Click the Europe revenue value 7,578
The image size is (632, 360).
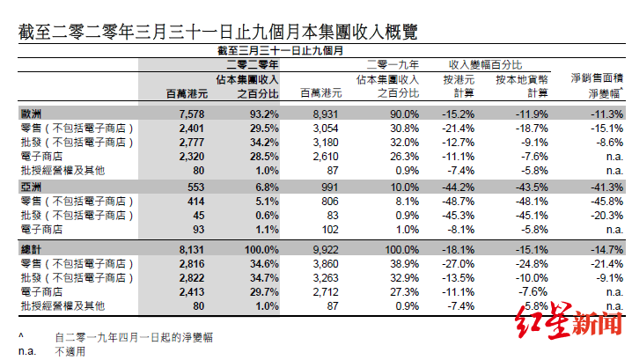[190, 114]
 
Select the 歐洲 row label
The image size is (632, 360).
[32, 114]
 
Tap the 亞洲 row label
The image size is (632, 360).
[32, 188]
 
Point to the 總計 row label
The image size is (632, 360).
[32, 250]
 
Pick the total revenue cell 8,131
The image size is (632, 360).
[190, 250]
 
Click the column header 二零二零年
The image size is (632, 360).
[253, 64]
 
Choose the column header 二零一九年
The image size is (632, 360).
[393, 64]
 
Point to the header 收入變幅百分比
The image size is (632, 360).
[486, 64]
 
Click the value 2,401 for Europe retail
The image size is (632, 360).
[190, 129]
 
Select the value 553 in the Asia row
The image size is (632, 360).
[194, 188]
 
